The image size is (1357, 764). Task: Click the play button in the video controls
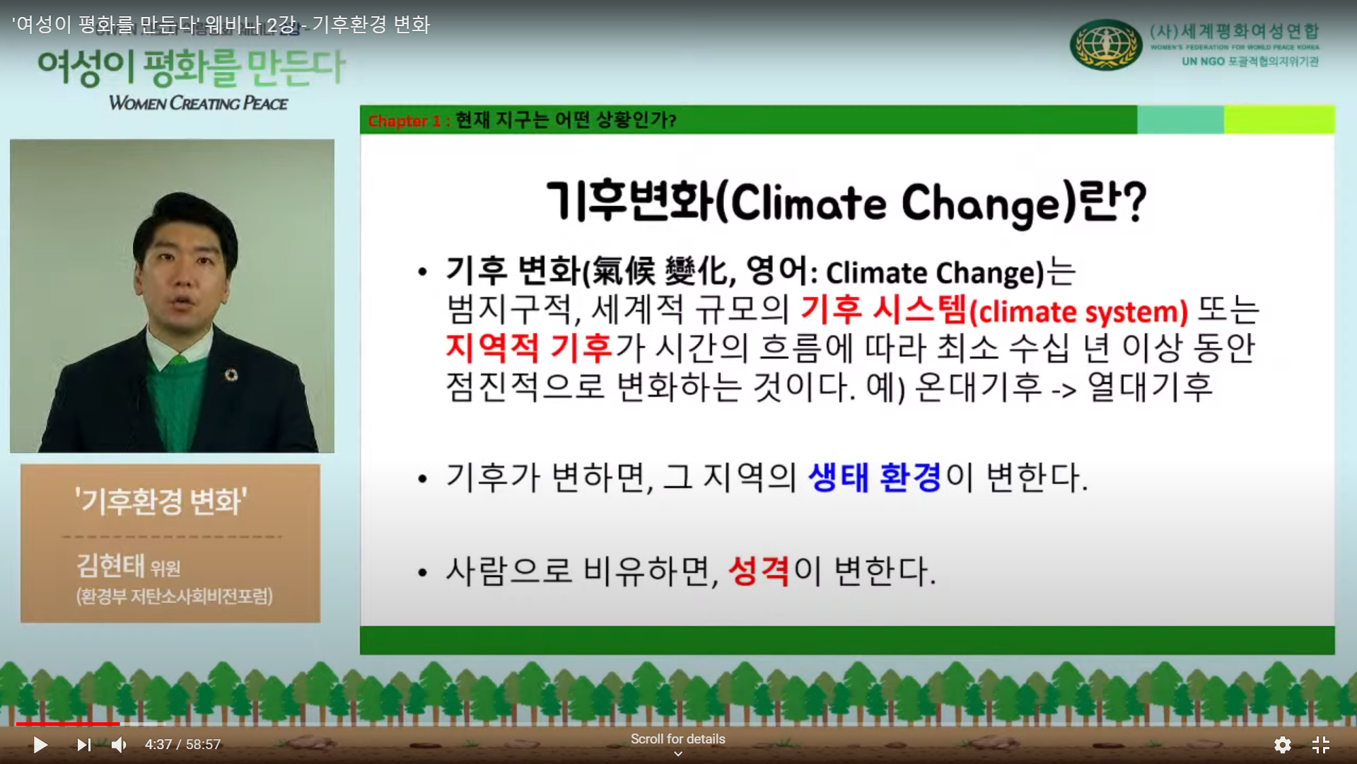point(40,745)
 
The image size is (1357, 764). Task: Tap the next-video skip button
point(84,745)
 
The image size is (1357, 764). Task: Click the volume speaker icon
point(119,745)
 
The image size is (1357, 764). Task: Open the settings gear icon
point(1282,745)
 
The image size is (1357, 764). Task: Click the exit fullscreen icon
point(1321,745)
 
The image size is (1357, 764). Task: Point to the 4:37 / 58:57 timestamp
point(182,745)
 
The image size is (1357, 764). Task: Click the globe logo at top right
point(1105,45)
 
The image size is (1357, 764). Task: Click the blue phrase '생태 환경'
point(874,477)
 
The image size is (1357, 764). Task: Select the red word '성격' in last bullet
point(758,570)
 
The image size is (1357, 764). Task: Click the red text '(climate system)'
point(1078,312)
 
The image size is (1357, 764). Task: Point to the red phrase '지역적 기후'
point(529,347)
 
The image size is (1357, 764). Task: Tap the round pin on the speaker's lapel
point(231,374)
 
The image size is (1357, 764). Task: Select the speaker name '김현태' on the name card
point(110,565)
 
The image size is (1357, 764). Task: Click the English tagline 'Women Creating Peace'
point(198,103)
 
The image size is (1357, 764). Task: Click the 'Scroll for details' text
point(677,739)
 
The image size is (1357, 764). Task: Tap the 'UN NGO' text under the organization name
point(1203,62)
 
